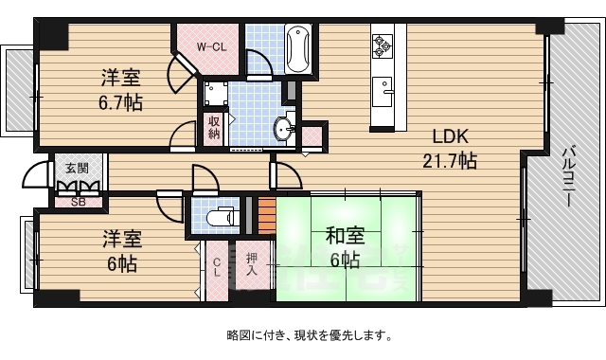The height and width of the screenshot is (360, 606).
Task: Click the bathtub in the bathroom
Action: [x=297, y=48]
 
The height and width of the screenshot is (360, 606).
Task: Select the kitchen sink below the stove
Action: [x=383, y=92]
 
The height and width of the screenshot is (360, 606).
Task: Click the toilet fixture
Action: [x=221, y=217]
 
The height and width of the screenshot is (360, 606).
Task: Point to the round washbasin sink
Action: [x=284, y=128]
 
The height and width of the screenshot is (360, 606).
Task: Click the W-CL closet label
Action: [x=211, y=47]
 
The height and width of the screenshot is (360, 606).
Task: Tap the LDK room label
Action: [x=451, y=136]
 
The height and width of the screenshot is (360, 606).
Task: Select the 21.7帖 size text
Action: [x=450, y=160]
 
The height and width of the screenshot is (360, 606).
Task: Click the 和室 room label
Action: [x=345, y=236]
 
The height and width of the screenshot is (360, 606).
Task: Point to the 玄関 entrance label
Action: [x=77, y=169]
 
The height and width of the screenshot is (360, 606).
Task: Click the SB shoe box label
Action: [x=78, y=202]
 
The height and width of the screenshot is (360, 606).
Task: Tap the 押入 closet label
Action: [x=252, y=263]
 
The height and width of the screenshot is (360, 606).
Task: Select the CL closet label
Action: [x=217, y=267]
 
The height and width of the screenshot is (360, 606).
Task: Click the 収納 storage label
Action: [x=214, y=127]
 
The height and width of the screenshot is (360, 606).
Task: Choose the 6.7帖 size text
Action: [x=120, y=103]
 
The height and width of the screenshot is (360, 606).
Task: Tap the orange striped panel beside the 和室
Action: [x=267, y=216]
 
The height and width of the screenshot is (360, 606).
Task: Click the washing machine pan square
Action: [x=216, y=93]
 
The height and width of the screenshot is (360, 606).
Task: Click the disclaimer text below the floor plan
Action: [x=310, y=335]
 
